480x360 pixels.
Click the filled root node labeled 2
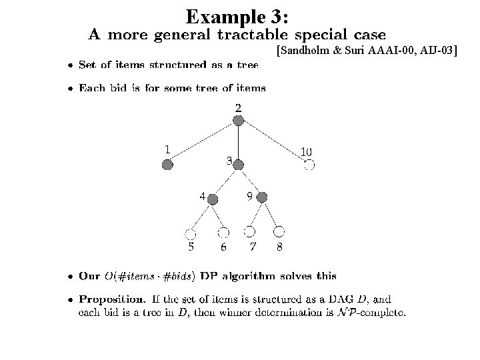238,120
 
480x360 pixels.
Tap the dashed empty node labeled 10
309,165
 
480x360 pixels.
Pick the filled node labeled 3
238,163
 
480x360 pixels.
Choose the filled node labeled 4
213,199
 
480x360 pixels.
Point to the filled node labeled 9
262,197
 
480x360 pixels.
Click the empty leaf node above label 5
190,233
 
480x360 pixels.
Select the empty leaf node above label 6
223,232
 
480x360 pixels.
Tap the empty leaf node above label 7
249,231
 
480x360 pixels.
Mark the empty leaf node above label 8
279,231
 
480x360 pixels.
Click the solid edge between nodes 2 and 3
238,141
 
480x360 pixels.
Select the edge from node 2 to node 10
273,142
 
